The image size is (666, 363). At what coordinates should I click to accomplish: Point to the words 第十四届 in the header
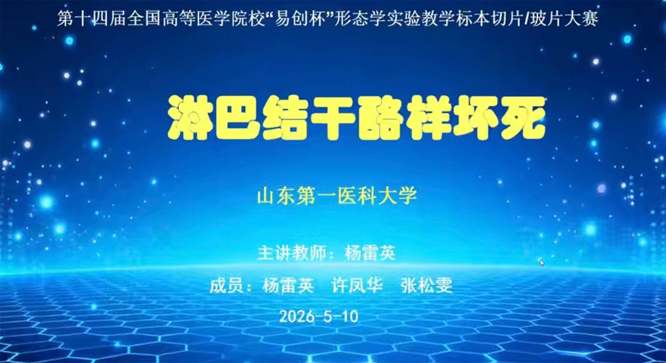92,19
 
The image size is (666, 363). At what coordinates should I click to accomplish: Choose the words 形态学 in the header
360,19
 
